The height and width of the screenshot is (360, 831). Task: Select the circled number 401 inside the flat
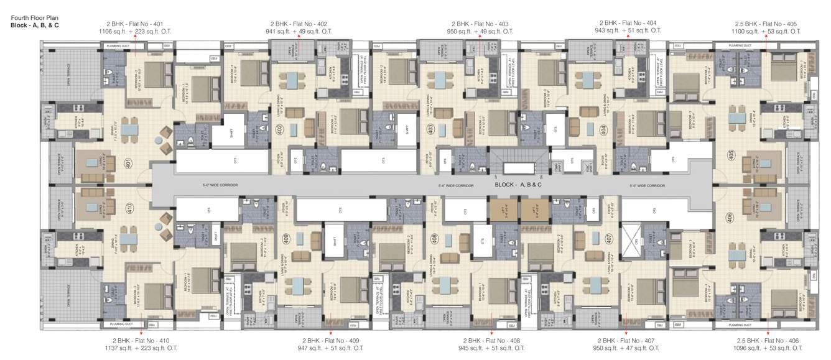tap(128, 164)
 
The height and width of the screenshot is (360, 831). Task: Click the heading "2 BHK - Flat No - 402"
tap(299, 23)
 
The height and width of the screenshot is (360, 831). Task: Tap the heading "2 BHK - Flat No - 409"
tap(331, 341)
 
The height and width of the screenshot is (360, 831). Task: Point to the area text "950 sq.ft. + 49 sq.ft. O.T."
tap(480, 31)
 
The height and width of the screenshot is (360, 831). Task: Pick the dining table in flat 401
tap(129, 129)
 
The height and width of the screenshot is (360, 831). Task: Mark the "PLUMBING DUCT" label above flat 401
tap(118, 45)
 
